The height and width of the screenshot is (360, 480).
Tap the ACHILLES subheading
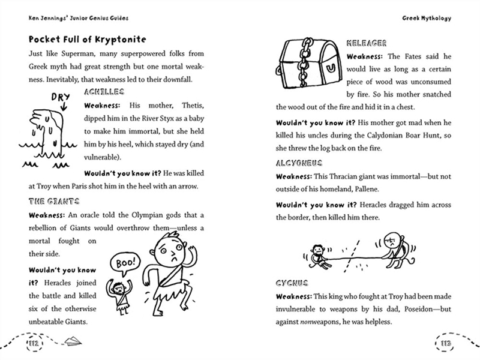click(x=104, y=92)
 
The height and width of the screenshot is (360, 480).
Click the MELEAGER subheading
click(x=367, y=43)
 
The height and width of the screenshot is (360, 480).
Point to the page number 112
click(x=30, y=343)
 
